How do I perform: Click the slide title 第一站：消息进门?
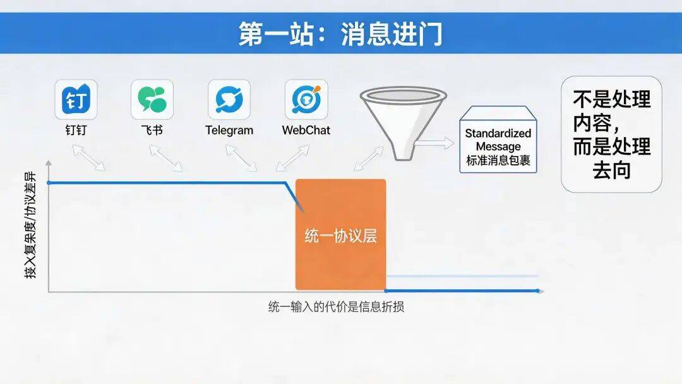click(x=340, y=33)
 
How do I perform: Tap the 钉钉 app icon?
click(x=76, y=99)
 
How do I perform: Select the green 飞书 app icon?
click(x=152, y=99)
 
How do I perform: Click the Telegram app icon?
click(x=229, y=99)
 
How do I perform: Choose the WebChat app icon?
click(x=306, y=99)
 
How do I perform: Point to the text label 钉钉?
click(x=76, y=131)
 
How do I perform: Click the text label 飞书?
click(x=152, y=131)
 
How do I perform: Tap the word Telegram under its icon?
click(x=229, y=131)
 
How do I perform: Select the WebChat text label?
click(x=306, y=131)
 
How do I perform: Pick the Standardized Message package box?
click(x=498, y=140)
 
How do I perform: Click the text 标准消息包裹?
click(x=498, y=161)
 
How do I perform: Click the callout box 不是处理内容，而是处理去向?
click(x=611, y=135)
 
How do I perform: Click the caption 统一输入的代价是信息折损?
click(x=336, y=308)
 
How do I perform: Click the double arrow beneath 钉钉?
click(x=89, y=157)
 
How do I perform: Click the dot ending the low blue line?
click(x=538, y=291)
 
